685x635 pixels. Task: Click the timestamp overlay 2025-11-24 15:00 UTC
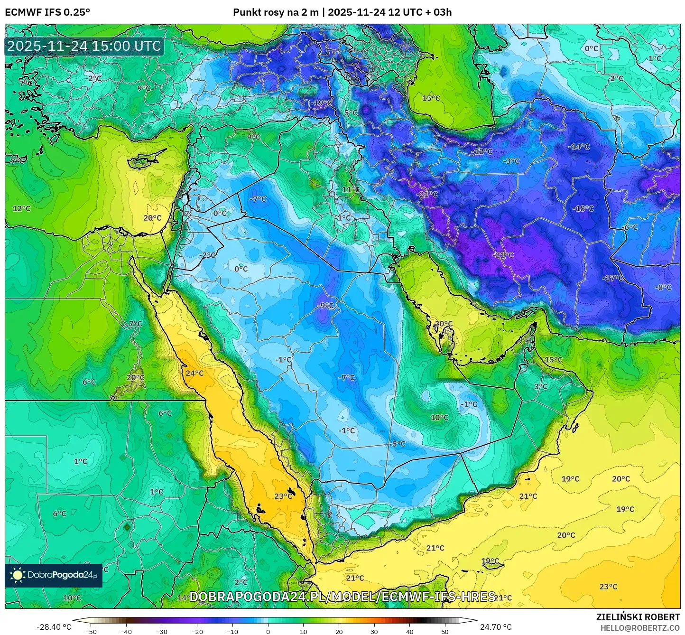click(x=84, y=46)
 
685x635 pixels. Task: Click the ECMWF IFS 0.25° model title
click(x=47, y=12)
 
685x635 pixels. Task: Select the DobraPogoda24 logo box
click(x=54, y=575)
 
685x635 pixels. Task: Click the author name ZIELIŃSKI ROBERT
click(x=638, y=617)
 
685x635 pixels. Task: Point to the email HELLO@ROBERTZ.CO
click(x=640, y=627)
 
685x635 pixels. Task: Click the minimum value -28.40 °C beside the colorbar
click(x=54, y=627)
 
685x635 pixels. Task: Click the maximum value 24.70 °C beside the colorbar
click(x=496, y=627)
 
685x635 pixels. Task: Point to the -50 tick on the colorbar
click(x=91, y=632)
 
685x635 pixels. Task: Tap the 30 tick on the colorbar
click(x=374, y=632)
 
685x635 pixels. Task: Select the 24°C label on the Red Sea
click(x=194, y=373)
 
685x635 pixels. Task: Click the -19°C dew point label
click(x=323, y=103)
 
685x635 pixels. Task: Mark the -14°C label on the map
click(x=579, y=147)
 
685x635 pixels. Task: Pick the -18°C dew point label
click(x=583, y=208)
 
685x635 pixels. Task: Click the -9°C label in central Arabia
click(x=325, y=306)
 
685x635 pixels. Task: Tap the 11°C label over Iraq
click(x=351, y=190)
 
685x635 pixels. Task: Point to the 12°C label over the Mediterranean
click(x=21, y=208)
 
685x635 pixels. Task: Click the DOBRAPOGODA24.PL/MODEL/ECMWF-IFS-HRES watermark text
click(x=342, y=597)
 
